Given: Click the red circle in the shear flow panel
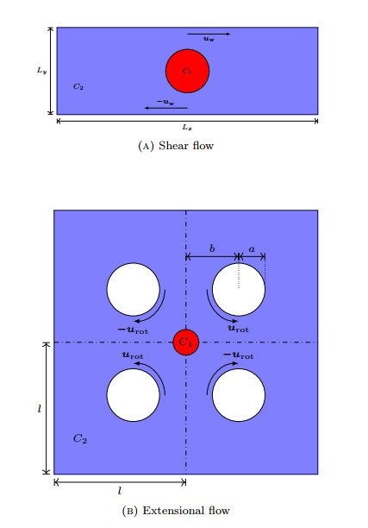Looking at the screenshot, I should coord(187,70).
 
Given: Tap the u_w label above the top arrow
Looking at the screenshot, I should coord(209,40).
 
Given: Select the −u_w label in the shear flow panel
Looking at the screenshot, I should coord(165,102).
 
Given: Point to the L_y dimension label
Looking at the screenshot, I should coord(41,71).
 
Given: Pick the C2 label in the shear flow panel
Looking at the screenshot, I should coord(78,86).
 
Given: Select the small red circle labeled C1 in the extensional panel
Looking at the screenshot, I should coord(185,343).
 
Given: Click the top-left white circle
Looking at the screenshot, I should coord(133,290).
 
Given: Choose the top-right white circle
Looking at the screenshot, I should coord(238,290).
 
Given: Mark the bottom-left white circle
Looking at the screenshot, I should coord(133,395).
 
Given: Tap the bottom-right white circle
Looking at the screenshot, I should coord(238,395).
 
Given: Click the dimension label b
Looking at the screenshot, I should coord(212,248).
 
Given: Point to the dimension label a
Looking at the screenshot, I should coord(251,248).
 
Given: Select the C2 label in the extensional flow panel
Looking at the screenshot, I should coord(79,438).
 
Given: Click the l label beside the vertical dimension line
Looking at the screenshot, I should coord(40,407).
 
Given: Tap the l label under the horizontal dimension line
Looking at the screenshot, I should coord(119,490).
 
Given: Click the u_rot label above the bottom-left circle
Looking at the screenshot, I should coord(132,355).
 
